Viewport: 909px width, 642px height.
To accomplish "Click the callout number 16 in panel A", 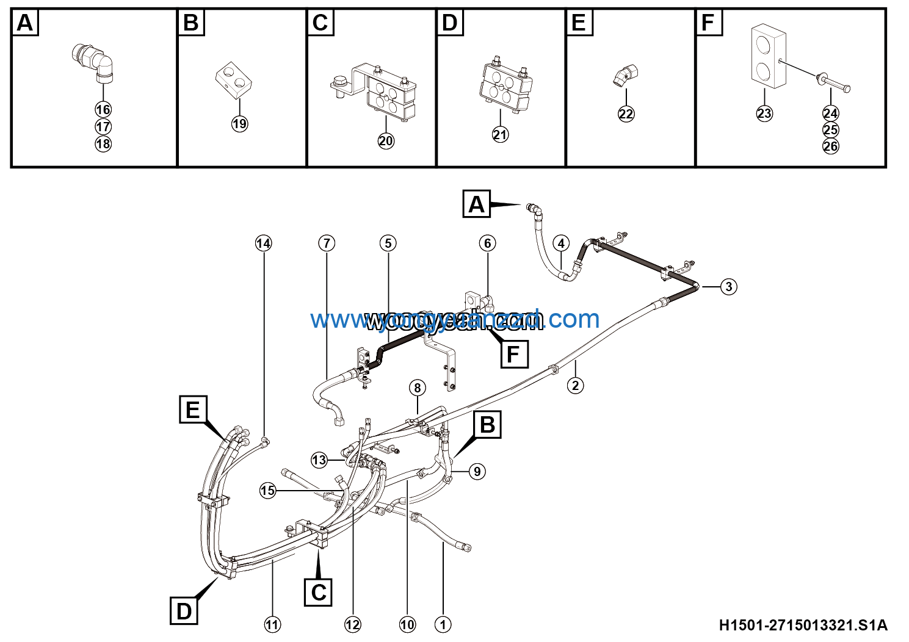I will [x=103, y=110].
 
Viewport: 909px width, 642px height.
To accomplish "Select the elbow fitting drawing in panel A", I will [x=95, y=62].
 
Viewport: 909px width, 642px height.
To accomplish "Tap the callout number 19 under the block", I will [x=239, y=124].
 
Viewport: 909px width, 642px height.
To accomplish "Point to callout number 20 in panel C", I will [x=386, y=141].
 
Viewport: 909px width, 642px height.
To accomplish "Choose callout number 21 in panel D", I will [x=500, y=135].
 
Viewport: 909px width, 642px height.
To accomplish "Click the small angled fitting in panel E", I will [x=625, y=76].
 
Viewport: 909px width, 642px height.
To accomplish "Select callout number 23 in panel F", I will [x=764, y=114].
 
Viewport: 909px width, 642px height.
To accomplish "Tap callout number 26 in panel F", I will [x=830, y=146].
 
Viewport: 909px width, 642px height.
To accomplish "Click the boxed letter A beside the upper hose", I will [x=477, y=204].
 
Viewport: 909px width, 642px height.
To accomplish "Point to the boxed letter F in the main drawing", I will [x=513, y=354].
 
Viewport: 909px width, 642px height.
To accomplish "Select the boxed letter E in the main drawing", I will [x=193, y=409].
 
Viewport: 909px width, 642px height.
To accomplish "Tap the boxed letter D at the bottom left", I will [x=184, y=611].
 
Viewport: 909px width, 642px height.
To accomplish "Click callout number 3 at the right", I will [x=728, y=287].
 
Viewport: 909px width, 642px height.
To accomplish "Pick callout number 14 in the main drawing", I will [x=263, y=243].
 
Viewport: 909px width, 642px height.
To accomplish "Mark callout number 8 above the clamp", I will [x=418, y=388].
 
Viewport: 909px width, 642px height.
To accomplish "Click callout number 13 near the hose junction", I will [x=319, y=460].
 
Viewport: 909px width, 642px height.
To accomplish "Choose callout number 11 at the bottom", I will [x=272, y=624].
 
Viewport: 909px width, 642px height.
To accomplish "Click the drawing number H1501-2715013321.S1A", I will [x=803, y=625].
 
